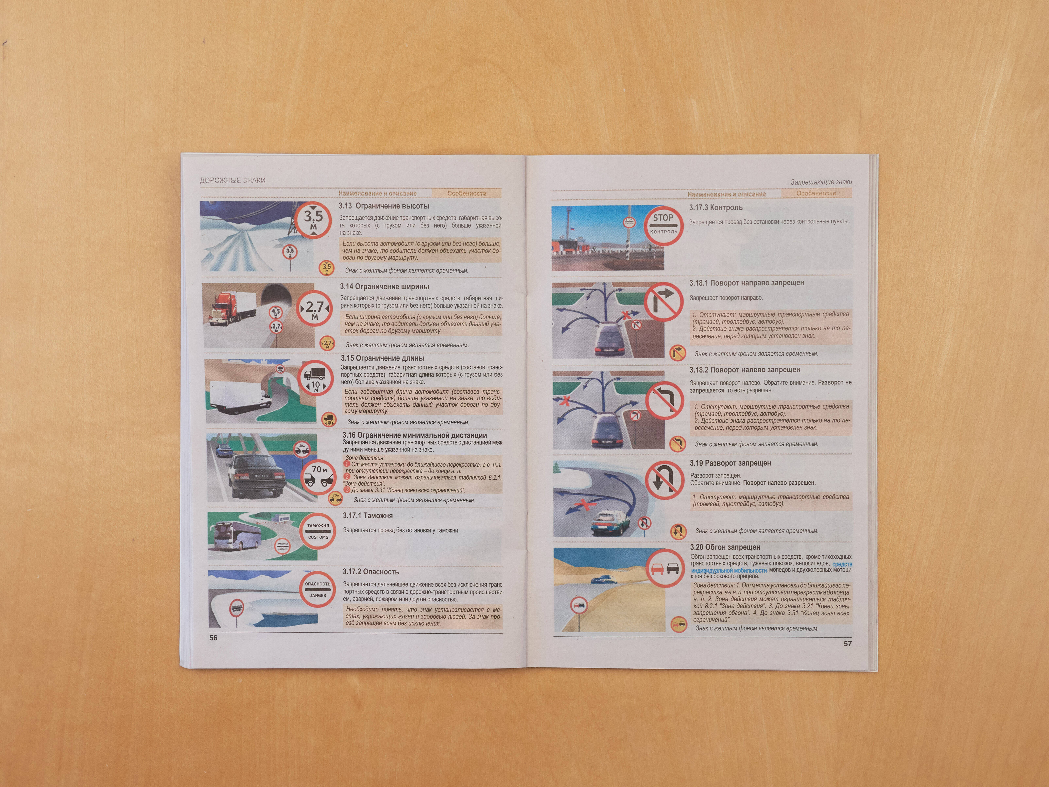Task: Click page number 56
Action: pyautogui.click(x=213, y=638)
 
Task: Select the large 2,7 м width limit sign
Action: pyautogui.click(x=314, y=309)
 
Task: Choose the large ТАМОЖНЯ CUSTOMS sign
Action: pyautogui.click(x=318, y=531)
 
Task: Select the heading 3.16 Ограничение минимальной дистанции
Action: pyautogui.click(x=414, y=435)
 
